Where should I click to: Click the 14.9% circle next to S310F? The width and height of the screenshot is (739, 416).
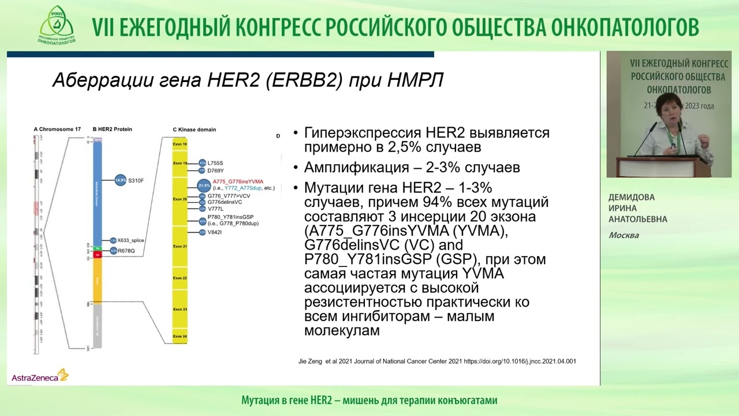pyautogui.click(x=120, y=181)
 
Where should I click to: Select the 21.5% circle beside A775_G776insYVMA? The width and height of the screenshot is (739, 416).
pyautogui.click(x=204, y=185)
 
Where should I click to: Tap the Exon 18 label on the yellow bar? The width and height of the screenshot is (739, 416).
pyautogui.click(x=180, y=144)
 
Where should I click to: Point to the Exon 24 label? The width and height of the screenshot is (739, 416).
pyautogui.click(x=180, y=336)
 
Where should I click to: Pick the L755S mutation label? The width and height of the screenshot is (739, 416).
pyautogui.click(x=215, y=163)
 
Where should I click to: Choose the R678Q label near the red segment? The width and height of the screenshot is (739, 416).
pyautogui.click(x=126, y=251)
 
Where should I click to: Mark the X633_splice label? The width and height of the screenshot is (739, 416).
pyautogui.click(x=130, y=240)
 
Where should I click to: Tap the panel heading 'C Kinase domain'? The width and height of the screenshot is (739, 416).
pyautogui.click(x=194, y=129)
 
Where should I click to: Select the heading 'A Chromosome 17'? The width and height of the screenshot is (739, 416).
pyautogui.click(x=57, y=129)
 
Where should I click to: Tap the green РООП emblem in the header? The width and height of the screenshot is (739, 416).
pyautogui.click(x=57, y=24)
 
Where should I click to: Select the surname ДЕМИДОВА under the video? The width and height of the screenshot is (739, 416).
pyautogui.click(x=632, y=197)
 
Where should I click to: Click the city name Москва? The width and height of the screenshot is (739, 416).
pyautogui.click(x=624, y=235)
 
